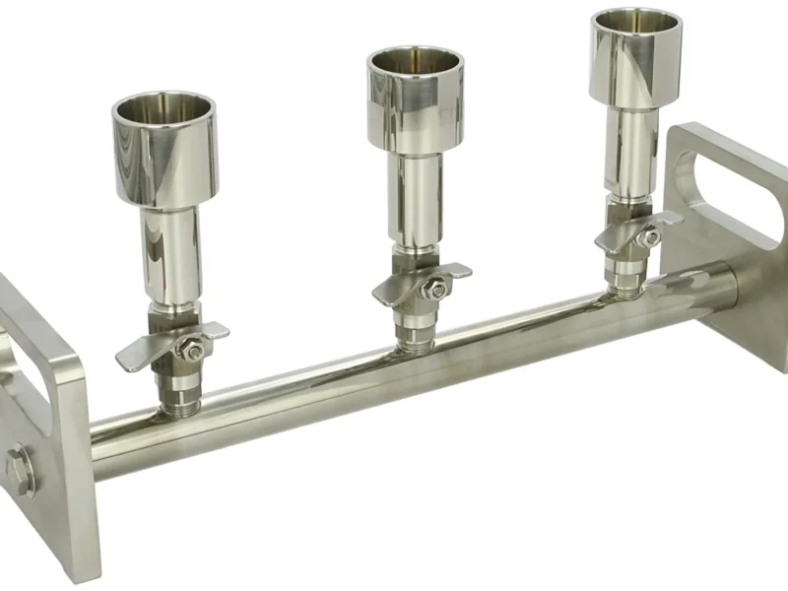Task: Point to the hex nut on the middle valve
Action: tap(434, 287)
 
